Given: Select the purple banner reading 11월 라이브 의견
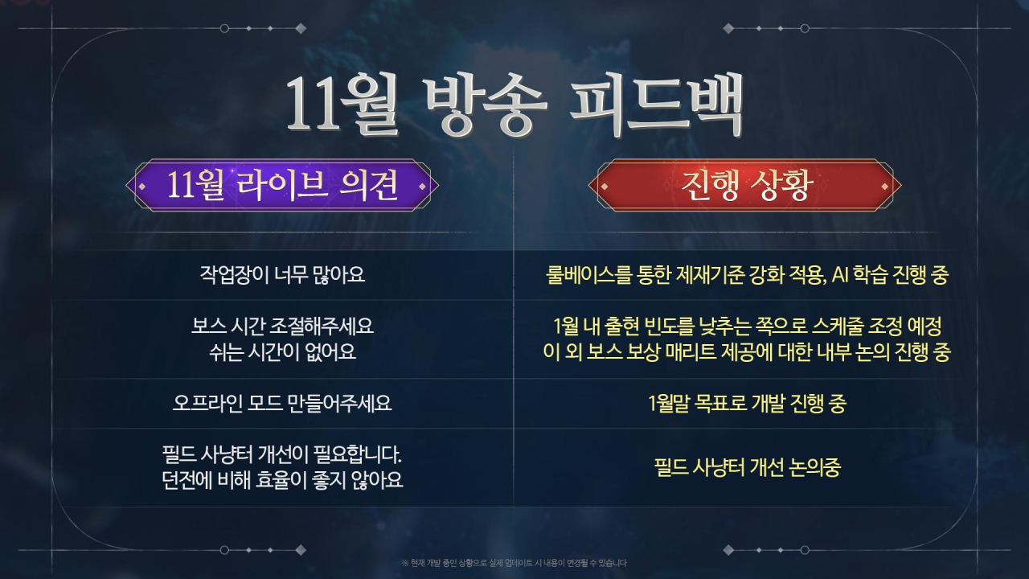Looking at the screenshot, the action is coord(282,185).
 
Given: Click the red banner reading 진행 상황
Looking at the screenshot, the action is coord(744,185).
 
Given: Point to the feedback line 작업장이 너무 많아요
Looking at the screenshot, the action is coord(282,275).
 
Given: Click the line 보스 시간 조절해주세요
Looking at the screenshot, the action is coord(282,326).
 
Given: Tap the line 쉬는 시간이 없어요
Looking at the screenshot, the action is coord(282,352).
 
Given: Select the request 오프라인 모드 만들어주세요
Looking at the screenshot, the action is coord(282,403).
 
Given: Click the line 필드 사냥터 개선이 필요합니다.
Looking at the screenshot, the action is coord(282,455).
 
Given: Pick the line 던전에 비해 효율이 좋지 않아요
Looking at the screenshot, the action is coord(282,480).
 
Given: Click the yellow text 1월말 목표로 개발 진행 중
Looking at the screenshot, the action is coord(747,403).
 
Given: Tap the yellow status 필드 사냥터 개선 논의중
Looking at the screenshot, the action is coord(748,467).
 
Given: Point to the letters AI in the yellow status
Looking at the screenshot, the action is coord(840,275).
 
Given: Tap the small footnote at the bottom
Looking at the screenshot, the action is coord(514,563).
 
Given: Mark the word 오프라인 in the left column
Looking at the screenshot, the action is coord(207,403).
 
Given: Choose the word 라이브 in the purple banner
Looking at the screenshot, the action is coord(282,185).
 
